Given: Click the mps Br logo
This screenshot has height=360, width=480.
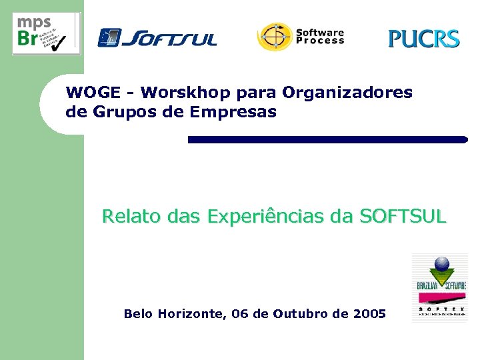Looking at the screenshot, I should pos(46,33).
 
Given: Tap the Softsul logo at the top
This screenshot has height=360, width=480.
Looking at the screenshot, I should pos(157,37).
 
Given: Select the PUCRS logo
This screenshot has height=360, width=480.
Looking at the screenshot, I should pos(424,39).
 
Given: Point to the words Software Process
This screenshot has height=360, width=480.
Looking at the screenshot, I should pos(320,36).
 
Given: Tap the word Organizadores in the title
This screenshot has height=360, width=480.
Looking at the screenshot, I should pos(347,92).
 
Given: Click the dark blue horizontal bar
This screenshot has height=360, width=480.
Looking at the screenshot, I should pos(327,139).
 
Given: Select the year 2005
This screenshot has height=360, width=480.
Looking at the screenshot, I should pos(369,313).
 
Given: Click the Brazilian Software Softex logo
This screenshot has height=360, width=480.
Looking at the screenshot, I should pos(439,287).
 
